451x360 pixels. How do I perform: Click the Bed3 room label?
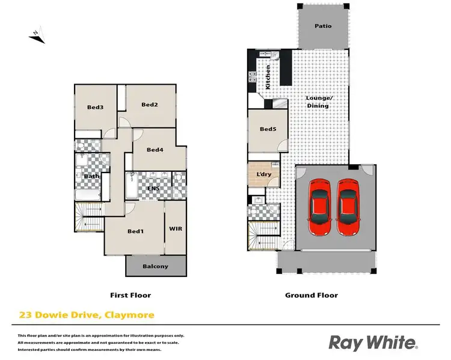point(96,108)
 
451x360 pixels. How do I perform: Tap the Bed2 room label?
point(150,105)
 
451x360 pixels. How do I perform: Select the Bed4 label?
point(155,150)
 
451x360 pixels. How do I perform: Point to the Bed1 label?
point(136,231)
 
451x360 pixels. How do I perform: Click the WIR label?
point(176,229)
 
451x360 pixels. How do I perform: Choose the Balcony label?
point(155,266)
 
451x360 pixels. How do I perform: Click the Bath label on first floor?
point(92,176)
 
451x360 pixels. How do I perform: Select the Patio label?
point(323,26)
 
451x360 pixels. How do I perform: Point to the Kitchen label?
point(268,76)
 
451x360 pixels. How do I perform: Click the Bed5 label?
point(268,129)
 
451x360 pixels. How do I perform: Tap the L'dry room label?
point(264,174)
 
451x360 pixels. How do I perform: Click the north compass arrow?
point(37,36)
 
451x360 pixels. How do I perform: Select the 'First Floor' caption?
point(130,295)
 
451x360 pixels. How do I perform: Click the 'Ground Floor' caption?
point(311,295)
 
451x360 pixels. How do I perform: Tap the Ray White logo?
point(373,343)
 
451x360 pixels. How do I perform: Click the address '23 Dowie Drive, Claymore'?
point(86,315)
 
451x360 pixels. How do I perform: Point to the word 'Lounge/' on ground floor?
point(317,98)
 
